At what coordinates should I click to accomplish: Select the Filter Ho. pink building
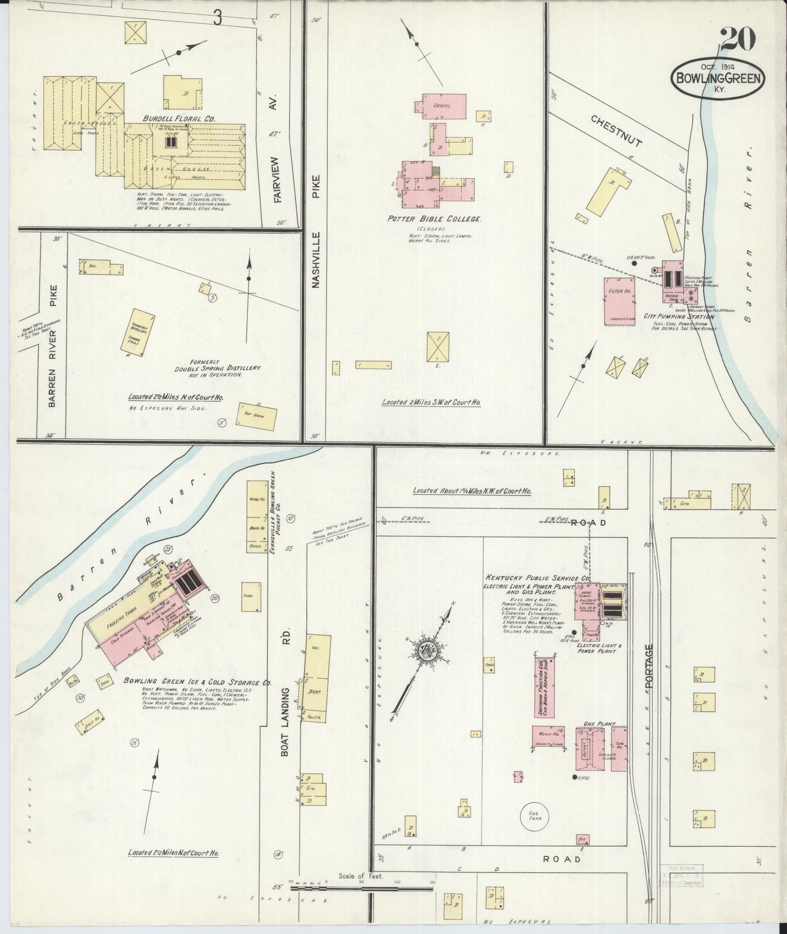(620, 301)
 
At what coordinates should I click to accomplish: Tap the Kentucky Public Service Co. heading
(537, 578)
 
